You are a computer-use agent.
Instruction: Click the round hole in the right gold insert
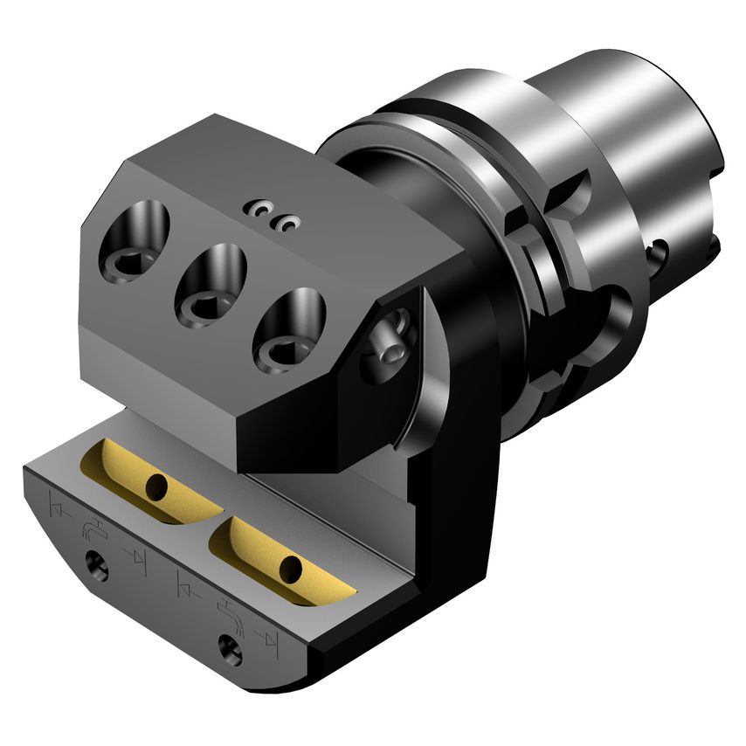pos(288,571)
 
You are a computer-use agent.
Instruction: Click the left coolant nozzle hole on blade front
pos(97,569)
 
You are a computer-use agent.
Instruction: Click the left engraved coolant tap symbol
pos(90,528)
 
